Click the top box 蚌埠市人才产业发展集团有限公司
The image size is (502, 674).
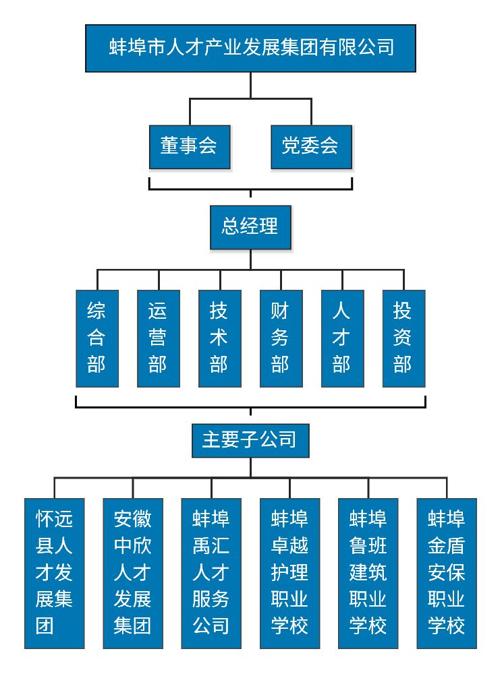tap(250, 48)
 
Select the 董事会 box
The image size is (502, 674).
tap(190, 146)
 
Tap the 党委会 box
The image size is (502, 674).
tap(311, 146)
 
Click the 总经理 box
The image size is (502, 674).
tap(250, 227)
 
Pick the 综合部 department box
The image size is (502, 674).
tap(97, 338)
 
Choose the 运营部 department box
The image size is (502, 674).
tap(159, 338)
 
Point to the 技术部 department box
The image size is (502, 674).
tap(219, 338)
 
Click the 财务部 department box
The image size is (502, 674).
tap(281, 338)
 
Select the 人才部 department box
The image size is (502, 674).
tap(342, 338)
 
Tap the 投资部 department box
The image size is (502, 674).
tap(403, 338)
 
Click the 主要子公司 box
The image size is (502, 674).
tap(250, 441)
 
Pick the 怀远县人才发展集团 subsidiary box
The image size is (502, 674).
tap(55, 573)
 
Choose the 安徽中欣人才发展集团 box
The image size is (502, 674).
tap(133, 573)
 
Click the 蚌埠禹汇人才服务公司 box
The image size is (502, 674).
tap(211, 573)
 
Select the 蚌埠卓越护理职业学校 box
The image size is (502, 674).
tap(290, 573)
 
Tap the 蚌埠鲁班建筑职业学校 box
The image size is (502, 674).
tap(368, 573)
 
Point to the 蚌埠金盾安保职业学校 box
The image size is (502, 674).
tap(447, 573)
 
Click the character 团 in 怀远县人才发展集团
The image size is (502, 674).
tap(45, 626)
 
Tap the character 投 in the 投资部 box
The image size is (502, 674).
tap(403, 311)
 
